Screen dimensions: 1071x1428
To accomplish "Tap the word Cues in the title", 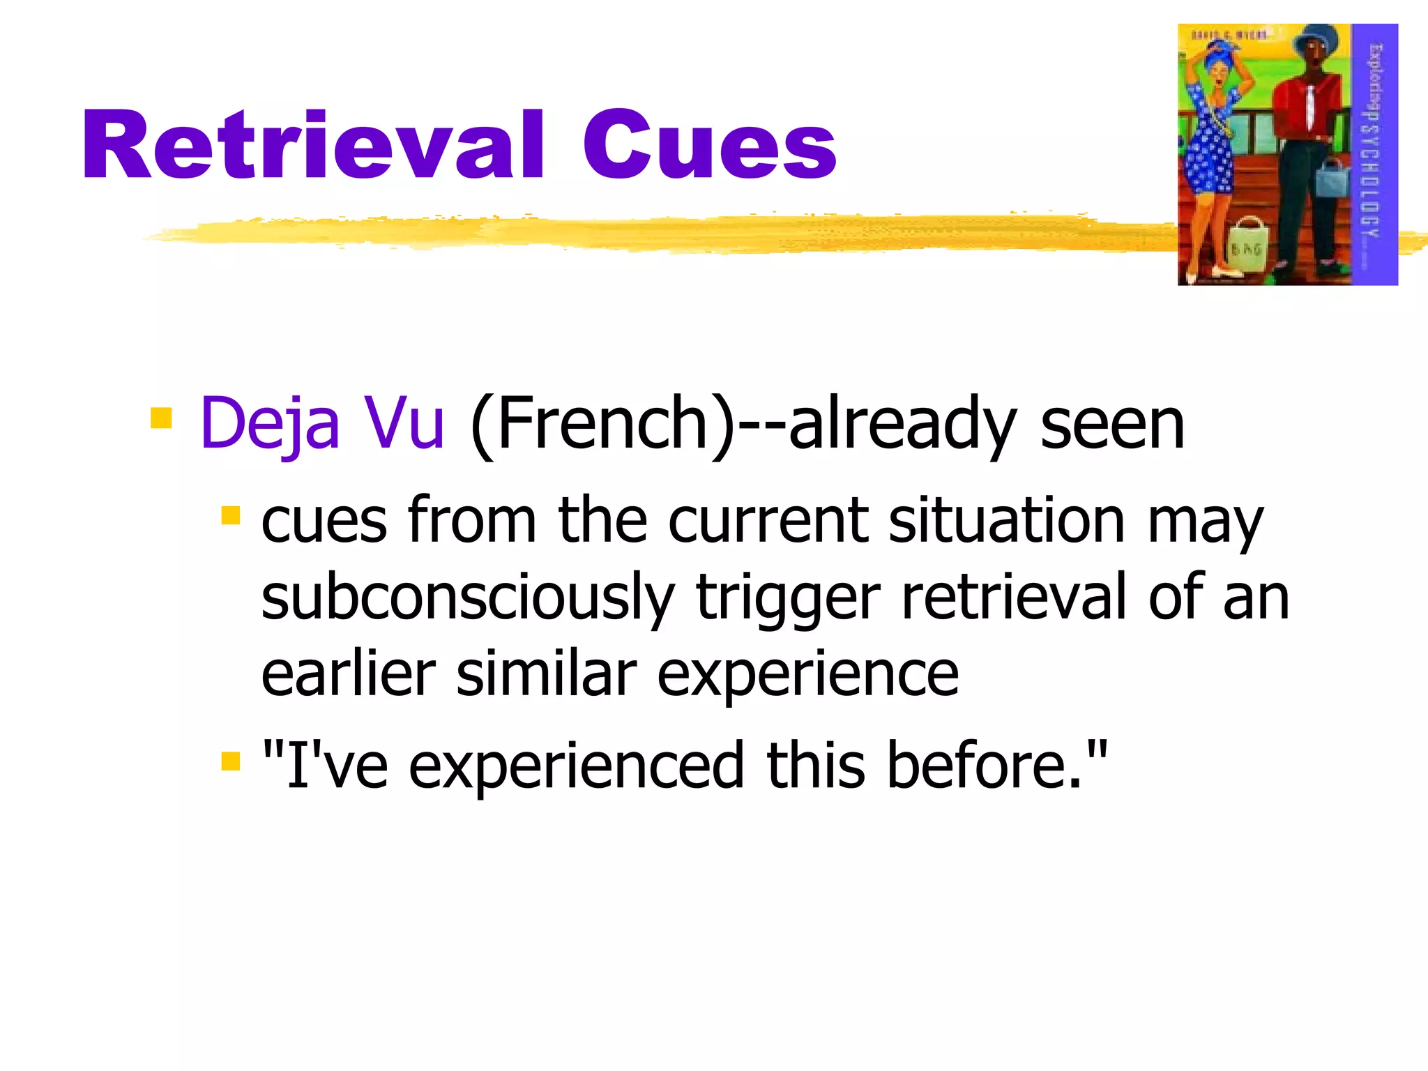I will pos(709,146).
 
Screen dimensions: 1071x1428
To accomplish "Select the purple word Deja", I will pos(269,423).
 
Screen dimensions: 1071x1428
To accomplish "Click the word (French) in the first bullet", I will pos(602,423).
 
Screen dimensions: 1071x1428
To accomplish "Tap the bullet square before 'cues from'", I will pos(230,516).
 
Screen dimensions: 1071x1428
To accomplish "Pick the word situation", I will pos(1006,521).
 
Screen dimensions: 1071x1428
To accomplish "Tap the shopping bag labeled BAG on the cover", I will pos(1245,244).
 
